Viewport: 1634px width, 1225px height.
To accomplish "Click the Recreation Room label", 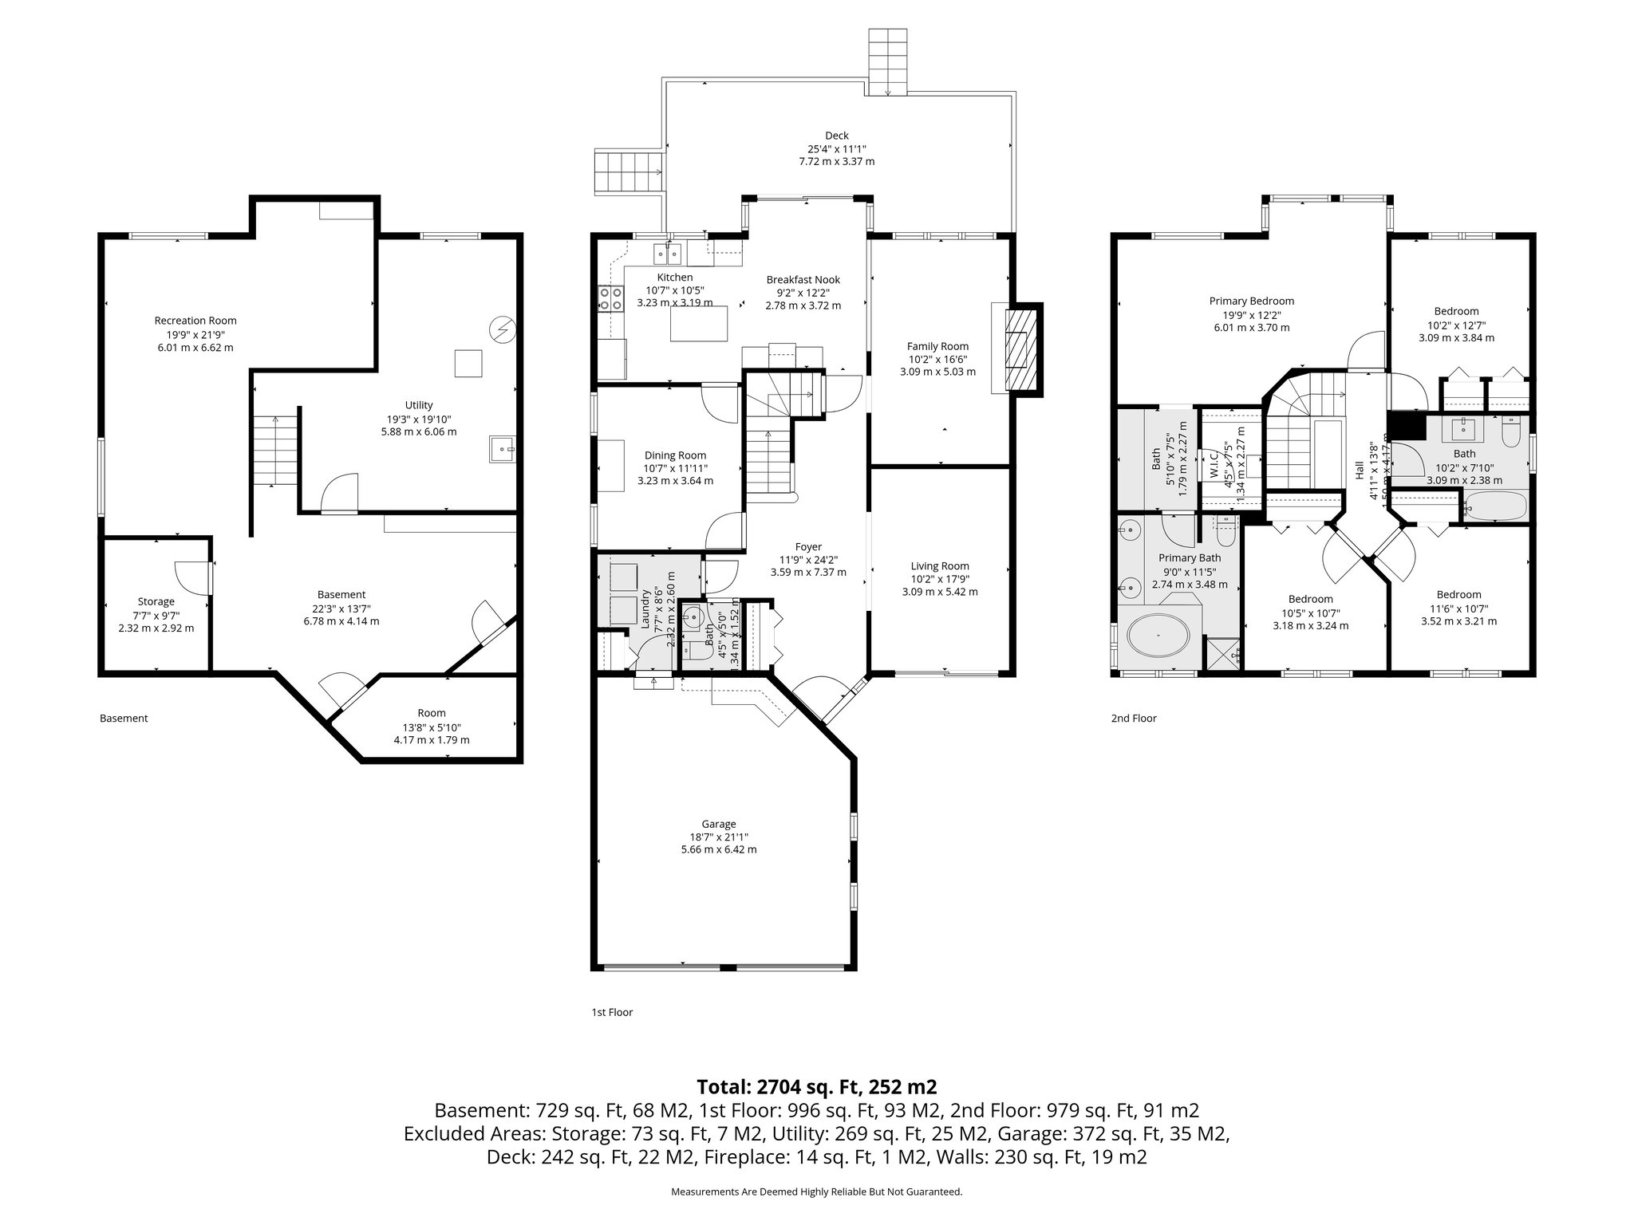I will tap(195, 321).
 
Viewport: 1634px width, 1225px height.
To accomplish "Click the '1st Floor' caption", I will tap(612, 1012).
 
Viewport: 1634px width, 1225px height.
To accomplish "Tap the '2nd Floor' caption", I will tap(1133, 718).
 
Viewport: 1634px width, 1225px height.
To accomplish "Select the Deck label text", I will tap(837, 136).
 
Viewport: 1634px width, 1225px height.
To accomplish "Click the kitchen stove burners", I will tap(611, 298).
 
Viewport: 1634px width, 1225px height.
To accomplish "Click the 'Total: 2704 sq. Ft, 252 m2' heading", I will tap(816, 1086).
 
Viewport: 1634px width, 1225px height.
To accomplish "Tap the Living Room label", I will tap(939, 565).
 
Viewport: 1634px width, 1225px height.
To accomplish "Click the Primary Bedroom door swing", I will tap(1367, 351).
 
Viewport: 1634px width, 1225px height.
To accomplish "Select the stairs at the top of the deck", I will tap(888, 62).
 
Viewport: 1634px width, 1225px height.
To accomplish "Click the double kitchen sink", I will tap(668, 254).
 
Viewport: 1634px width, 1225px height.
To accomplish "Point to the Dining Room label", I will tap(675, 455).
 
